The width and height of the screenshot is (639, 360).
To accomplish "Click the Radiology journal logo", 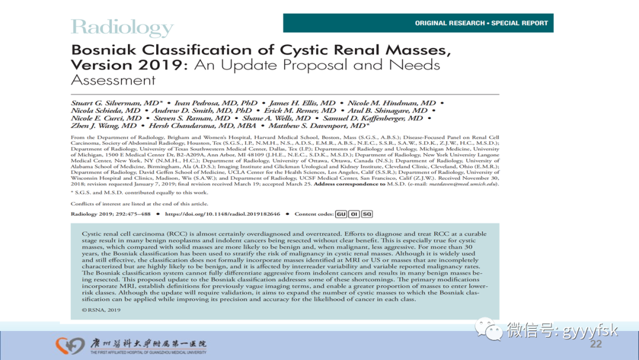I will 122,27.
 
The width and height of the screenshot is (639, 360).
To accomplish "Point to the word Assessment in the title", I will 113,80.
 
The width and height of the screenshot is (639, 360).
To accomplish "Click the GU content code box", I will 341,214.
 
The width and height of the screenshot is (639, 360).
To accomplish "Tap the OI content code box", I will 354,214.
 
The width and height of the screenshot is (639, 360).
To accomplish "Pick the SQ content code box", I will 367,214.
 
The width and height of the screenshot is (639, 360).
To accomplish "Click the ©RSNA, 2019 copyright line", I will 101,310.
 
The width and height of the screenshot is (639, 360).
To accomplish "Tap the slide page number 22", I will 596,345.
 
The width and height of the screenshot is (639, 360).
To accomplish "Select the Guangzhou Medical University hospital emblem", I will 70,345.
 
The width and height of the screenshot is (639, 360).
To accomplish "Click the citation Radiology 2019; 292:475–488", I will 111,214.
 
